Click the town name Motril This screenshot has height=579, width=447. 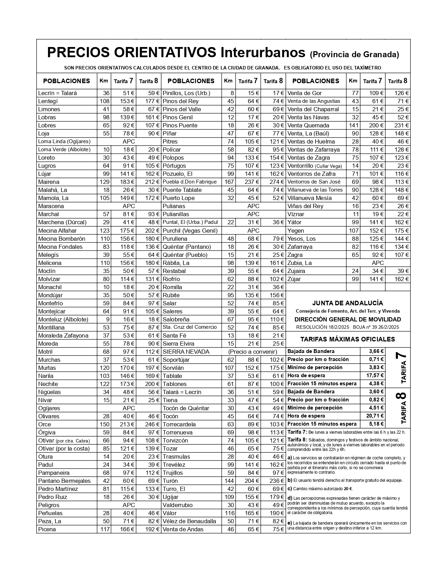45,352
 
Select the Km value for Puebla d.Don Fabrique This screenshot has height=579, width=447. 229,182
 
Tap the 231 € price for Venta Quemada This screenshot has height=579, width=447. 400,125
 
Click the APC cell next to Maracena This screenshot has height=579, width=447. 129,206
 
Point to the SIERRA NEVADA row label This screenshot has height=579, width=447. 186,352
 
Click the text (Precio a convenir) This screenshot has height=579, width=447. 253,352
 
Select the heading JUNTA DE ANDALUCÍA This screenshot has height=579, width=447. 347,303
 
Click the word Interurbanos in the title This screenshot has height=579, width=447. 263,52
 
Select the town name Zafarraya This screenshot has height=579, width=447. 300,247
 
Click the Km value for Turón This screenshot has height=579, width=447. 229,481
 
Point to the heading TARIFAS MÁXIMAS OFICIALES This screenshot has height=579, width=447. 347,339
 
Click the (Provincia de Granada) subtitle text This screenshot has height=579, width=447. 354,54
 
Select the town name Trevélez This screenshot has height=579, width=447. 174,465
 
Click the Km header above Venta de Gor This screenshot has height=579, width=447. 353,81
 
